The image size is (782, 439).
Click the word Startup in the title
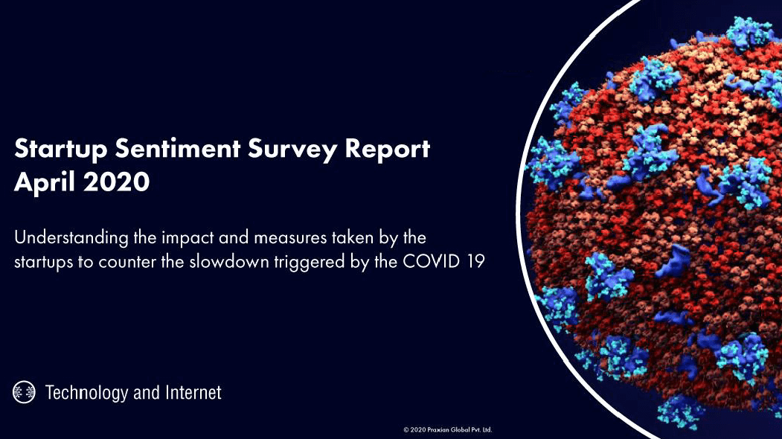tap(61, 149)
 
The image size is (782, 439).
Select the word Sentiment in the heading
tap(178, 148)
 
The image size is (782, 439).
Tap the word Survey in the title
tap(292, 149)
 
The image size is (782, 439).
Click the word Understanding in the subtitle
tap(71, 238)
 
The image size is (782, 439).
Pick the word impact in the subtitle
tap(188, 238)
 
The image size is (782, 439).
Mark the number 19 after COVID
tap(475, 261)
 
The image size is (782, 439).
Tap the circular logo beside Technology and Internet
tap(24, 391)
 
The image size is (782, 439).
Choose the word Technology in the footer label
tap(86, 393)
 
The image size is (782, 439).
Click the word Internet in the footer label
tap(193, 393)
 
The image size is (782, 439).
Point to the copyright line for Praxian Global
tap(448, 429)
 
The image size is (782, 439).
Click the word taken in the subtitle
tap(353, 237)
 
